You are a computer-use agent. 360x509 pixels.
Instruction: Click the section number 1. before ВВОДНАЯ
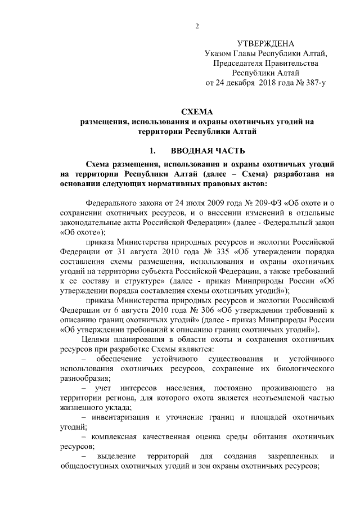point(152,151)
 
